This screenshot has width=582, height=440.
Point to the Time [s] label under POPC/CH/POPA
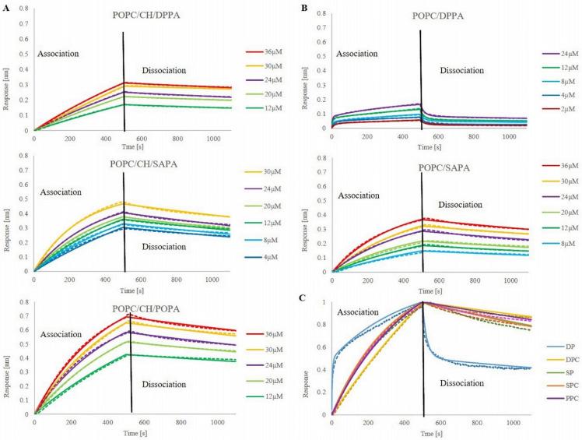[128, 433]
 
